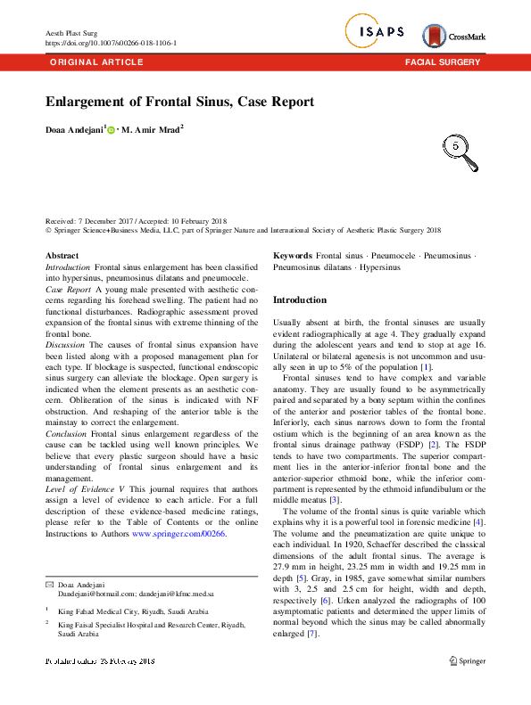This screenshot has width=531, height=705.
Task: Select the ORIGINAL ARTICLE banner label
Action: click(x=95, y=62)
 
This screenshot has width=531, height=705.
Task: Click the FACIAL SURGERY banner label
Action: click(x=443, y=62)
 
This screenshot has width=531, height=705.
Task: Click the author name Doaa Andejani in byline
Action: click(x=75, y=130)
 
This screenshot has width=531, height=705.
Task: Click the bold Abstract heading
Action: click(x=62, y=256)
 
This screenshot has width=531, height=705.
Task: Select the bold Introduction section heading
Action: click(x=299, y=300)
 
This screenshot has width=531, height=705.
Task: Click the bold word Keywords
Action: click(x=292, y=256)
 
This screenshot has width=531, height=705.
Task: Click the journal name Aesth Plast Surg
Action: click(x=71, y=33)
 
